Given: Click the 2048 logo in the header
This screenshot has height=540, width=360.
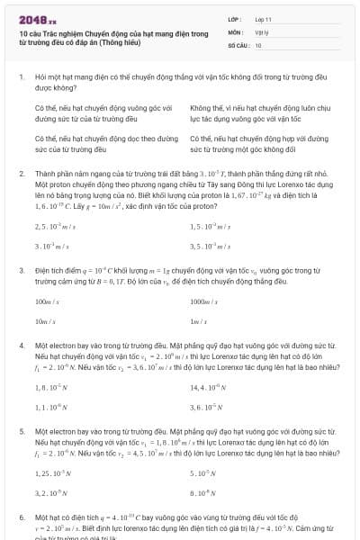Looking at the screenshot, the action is pyautogui.click(x=36, y=19).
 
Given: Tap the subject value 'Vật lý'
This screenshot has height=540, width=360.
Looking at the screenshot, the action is pyautogui.click(x=263, y=31).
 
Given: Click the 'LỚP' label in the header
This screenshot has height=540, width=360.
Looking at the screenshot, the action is pyautogui.click(x=234, y=18).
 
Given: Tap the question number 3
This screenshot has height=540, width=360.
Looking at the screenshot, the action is pyautogui.click(x=21, y=269).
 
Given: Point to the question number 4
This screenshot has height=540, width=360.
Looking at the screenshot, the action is pyautogui.click(x=21, y=344).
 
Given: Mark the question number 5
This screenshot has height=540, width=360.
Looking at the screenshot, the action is pyautogui.click(x=21, y=431).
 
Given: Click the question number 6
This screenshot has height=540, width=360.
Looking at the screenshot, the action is pyautogui.click(x=21, y=518).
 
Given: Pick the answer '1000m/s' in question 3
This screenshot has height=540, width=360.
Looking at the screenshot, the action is pyautogui.click(x=203, y=302).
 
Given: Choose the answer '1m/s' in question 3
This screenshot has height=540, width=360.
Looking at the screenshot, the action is pyautogui.click(x=199, y=321).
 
